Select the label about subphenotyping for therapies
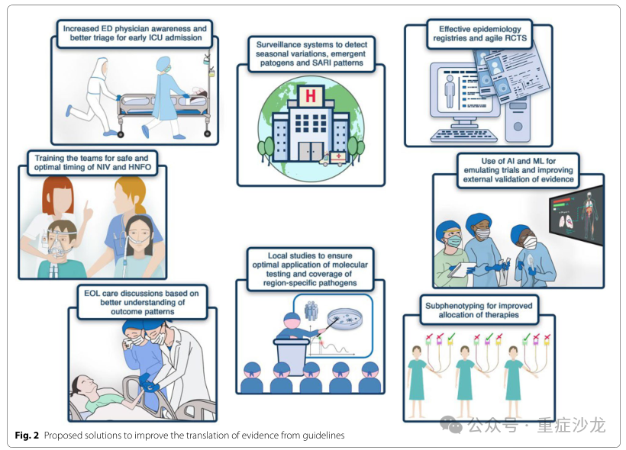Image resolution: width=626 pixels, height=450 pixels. pos(479,311)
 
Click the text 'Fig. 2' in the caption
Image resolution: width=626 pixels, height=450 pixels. pos(27,436)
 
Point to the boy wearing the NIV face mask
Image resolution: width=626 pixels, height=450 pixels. pos(61,244)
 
